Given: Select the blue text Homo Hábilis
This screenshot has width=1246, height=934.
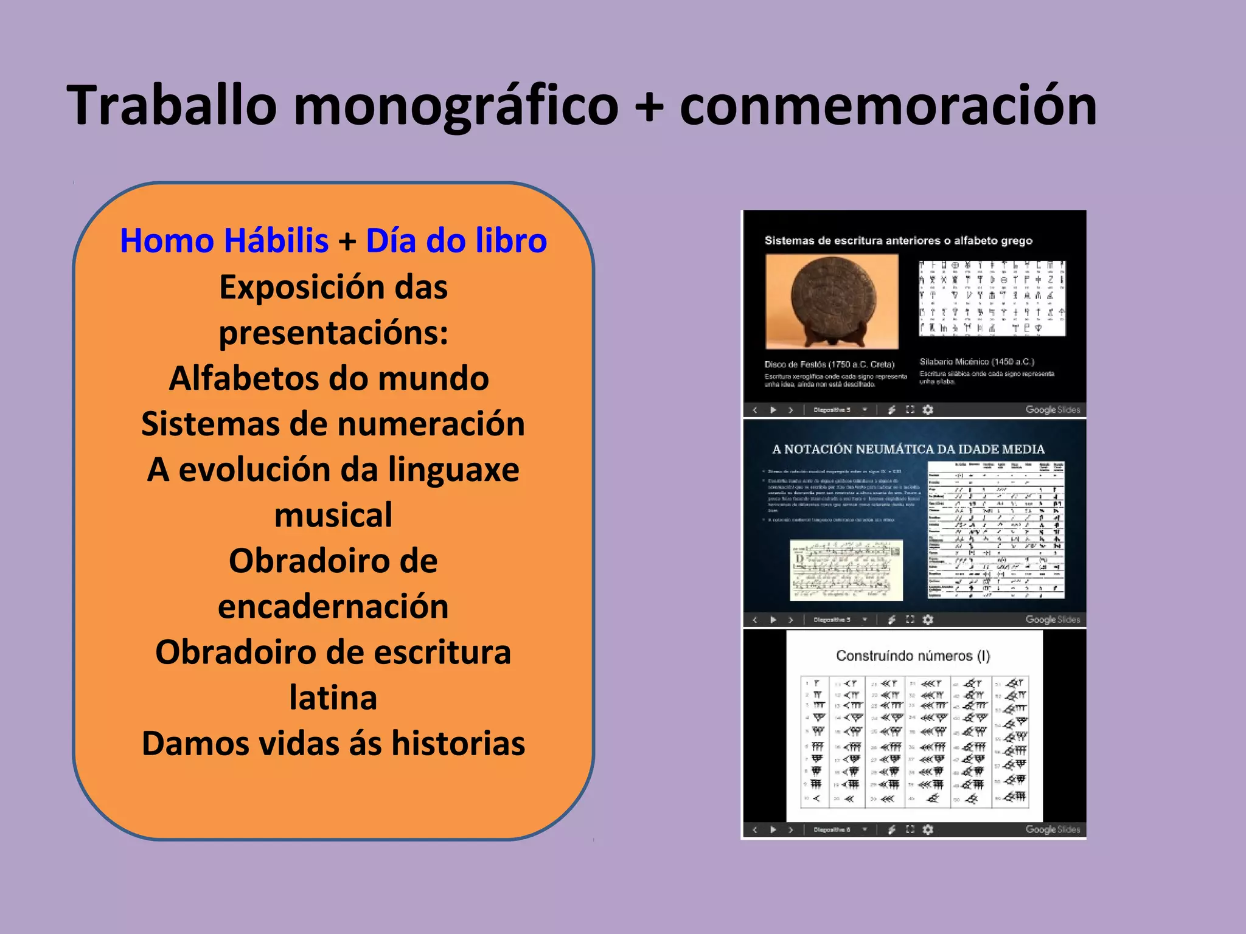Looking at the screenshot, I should click(224, 240).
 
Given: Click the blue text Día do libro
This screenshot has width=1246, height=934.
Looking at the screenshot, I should click(456, 240).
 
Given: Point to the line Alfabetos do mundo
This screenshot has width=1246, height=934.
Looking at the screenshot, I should click(329, 378).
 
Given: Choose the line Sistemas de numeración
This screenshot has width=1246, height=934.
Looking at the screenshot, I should click(333, 424).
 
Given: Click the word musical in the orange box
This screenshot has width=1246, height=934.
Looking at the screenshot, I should click(333, 515).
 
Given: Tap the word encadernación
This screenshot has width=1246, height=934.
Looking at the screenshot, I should click(333, 606).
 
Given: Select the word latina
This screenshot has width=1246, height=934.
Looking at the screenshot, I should click(333, 697).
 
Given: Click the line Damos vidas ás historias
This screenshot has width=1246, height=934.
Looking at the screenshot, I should click(333, 743).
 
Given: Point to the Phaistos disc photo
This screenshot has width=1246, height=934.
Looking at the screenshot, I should click(832, 301).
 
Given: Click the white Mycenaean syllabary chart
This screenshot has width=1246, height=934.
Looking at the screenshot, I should click(992, 298).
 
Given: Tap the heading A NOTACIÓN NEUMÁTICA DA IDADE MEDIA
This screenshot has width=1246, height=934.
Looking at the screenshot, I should click(908, 449).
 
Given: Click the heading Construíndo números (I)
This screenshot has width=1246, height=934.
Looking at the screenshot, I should click(913, 656).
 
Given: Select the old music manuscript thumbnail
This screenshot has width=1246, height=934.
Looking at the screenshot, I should click(846, 570).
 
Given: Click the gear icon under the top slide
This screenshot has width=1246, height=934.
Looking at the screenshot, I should click(928, 410).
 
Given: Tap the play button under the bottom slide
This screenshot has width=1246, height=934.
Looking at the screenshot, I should click(773, 829).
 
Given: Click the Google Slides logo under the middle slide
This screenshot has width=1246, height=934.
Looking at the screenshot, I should click(1053, 620).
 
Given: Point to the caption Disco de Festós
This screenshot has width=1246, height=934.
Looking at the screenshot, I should click(829, 364).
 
